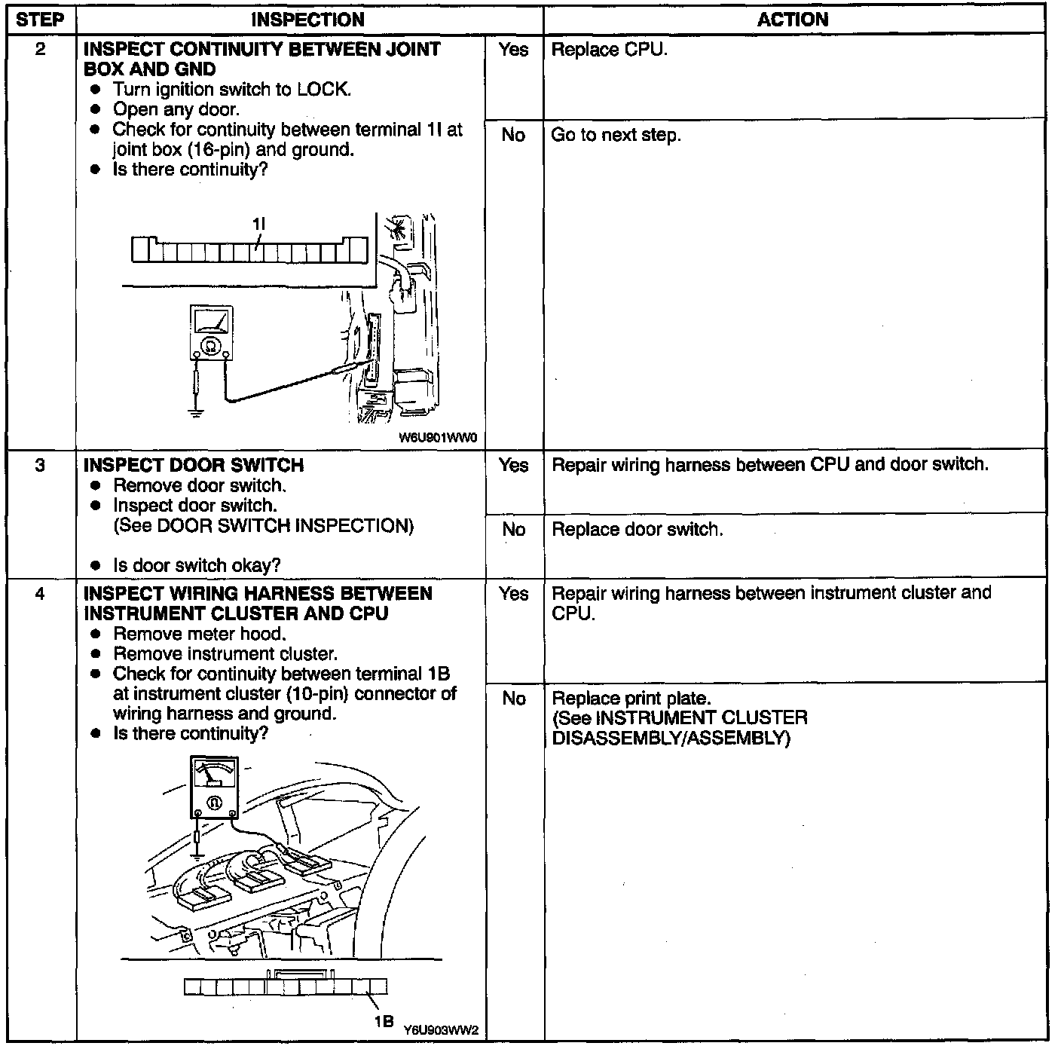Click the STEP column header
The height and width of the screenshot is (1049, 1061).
tap(39, 20)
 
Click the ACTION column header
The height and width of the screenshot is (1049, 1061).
tap(793, 20)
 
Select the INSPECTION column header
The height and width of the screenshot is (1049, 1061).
tap(307, 20)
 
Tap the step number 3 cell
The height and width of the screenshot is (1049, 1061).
tap(39, 466)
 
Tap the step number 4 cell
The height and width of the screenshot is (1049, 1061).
tap(39, 595)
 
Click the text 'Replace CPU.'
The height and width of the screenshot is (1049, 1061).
tap(609, 50)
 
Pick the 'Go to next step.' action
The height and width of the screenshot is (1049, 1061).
tap(616, 136)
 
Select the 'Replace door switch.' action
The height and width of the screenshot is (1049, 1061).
tap(637, 530)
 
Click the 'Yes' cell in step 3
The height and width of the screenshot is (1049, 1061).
tap(513, 466)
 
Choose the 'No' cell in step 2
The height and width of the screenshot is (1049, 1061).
tap(513, 136)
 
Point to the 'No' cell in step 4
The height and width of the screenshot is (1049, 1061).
tap(513, 699)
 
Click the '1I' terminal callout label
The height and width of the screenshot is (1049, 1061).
tap(258, 224)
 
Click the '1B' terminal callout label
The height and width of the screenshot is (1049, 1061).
tap(384, 1021)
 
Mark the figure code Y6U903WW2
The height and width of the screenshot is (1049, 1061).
tap(441, 1029)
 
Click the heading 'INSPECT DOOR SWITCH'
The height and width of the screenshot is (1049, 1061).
tap(194, 466)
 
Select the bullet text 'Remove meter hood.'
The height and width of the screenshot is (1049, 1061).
tap(200, 634)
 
